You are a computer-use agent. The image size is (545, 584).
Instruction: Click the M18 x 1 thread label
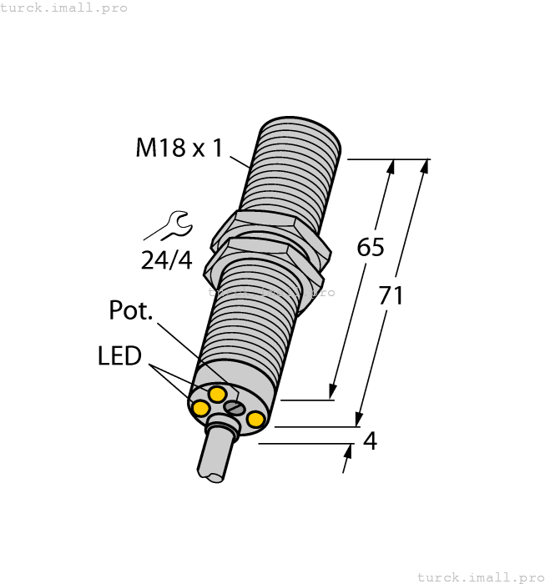pyautogui.click(x=179, y=149)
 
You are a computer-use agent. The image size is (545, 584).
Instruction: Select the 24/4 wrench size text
pyautogui.click(x=166, y=261)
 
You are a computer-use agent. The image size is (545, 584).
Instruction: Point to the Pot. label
pyautogui.click(x=131, y=310)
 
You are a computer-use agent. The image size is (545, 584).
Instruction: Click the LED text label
pyautogui.click(x=119, y=356)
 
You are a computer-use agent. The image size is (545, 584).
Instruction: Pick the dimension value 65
pyautogui.click(x=371, y=247)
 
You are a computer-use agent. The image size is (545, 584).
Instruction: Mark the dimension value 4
pyautogui.click(x=370, y=441)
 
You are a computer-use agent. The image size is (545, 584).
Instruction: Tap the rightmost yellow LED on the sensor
pyautogui.click(x=256, y=419)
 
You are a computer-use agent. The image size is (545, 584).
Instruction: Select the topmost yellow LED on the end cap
pyautogui.click(x=217, y=393)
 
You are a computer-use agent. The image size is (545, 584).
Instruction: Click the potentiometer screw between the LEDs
pyautogui.click(x=235, y=408)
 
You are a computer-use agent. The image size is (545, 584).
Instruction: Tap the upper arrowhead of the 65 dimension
pyautogui.click(x=390, y=166)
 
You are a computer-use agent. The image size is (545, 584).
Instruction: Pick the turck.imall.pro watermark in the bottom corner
pyautogui.click(x=479, y=576)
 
